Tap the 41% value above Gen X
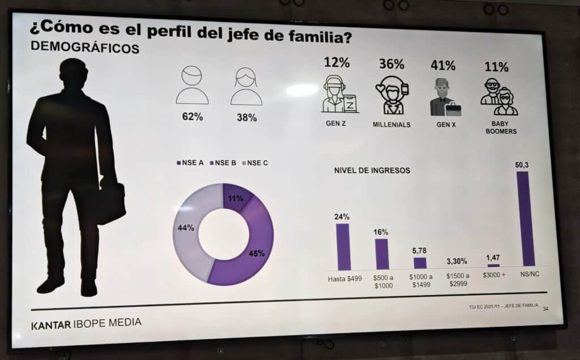pyautogui.click(x=443, y=65)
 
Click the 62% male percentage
pyautogui.click(x=192, y=118)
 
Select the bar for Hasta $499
pyautogui.click(x=343, y=246)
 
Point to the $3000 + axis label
pyautogui.click(x=493, y=275)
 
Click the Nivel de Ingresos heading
pyautogui.click(x=372, y=170)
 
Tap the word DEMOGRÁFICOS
pyautogui.click(x=84, y=49)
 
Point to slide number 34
pyautogui.click(x=545, y=309)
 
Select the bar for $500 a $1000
pyautogui.click(x=382, y=254)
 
